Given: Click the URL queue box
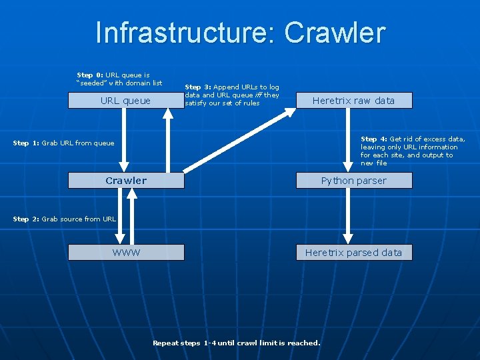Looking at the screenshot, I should tap(125, 101).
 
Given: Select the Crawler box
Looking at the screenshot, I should tap(126, 181).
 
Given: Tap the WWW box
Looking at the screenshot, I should tap(126, 252).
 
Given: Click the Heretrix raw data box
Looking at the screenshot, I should tap(353, 101).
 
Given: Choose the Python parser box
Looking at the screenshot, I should tap(353, 181).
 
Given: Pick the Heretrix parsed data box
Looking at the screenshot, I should tap(353, 252).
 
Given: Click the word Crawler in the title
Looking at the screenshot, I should tap(335, 33).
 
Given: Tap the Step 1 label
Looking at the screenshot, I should tap(26, 143).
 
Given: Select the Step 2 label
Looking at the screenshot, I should tap(26, 219).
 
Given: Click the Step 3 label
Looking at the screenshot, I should tap(198, 87).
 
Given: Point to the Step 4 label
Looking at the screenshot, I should tap(374, 139).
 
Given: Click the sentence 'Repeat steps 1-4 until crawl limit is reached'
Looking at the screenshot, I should tap(236, 343).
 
